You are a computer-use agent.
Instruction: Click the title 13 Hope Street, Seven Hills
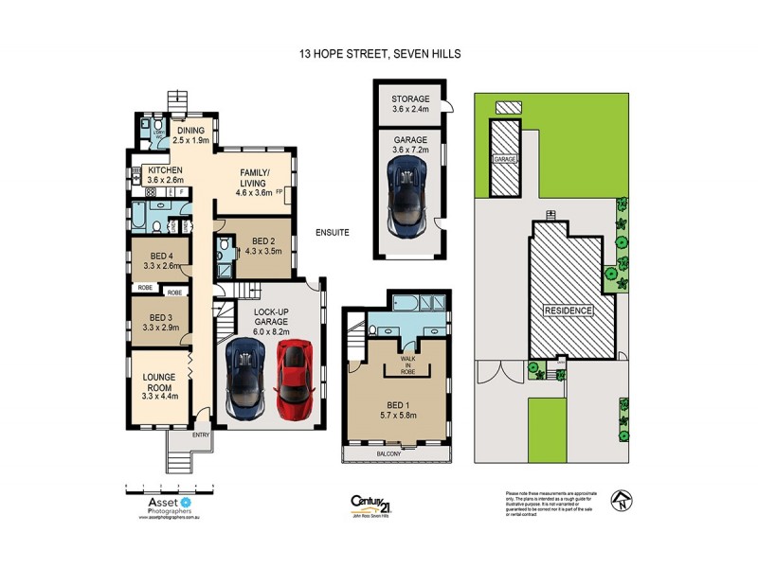click(378, 54)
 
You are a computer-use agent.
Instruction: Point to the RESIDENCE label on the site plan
click(568, 311)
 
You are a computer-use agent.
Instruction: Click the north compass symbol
click(620, 499)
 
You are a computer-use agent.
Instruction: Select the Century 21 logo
click(371, 504)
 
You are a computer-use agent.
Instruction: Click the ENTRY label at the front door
click(202, 435)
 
